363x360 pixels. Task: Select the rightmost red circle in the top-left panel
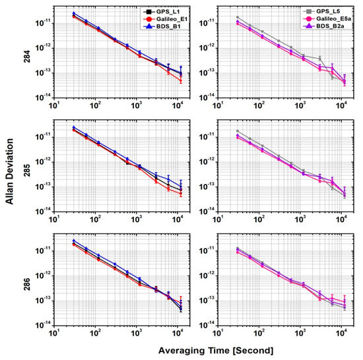click(181, 81)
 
